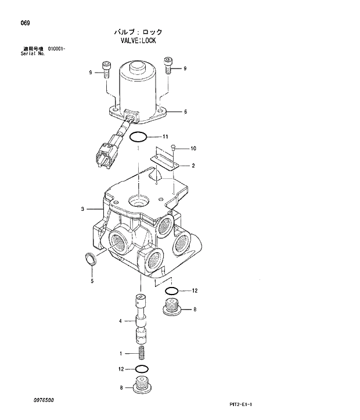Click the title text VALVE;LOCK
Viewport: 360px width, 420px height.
point(138,41)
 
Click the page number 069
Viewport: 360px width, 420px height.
point(25,23)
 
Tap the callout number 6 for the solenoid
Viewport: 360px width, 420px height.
point(185,112)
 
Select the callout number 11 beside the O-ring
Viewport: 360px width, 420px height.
point(165,137)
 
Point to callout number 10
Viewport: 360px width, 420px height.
point(193,149)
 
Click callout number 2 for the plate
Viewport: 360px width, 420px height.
point(193,166)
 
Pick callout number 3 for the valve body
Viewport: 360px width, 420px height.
point(83,209)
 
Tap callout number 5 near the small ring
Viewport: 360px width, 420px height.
point(91,282)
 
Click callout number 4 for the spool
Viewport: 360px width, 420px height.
point(120,321)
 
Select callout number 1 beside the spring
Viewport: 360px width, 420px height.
point(120,353)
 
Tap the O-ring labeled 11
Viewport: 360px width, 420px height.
point(138,138)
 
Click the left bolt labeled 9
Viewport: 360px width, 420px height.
point(106,69)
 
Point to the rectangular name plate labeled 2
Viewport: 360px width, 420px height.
point(164,159)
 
